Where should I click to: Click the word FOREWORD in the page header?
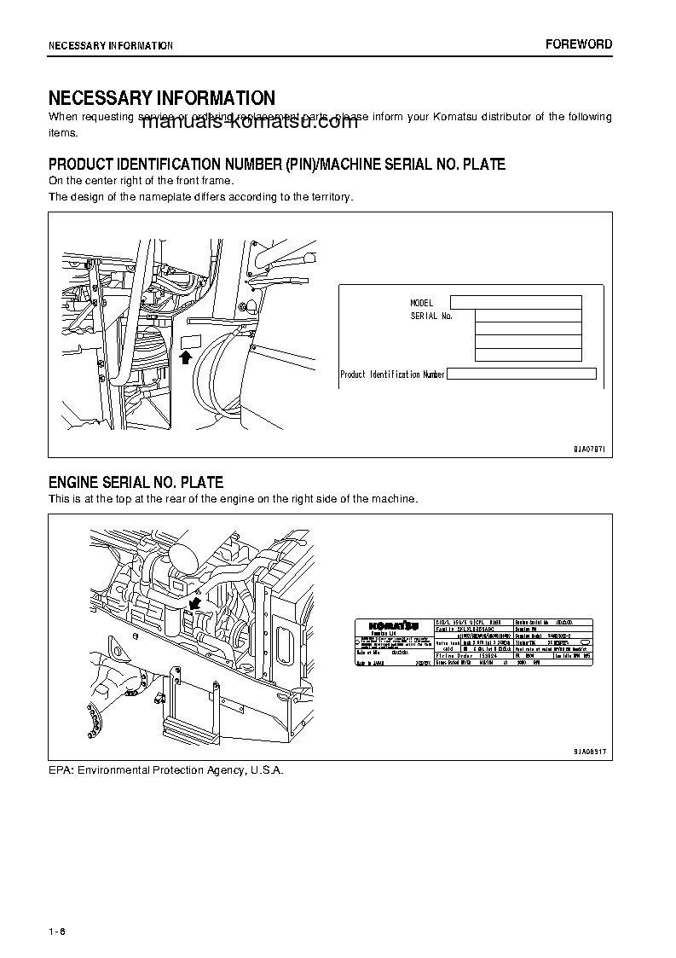point(579,44)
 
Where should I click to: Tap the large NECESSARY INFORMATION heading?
point(162,98)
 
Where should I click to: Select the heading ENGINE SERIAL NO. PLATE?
point(136,483)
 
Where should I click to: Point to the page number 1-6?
point(57,931)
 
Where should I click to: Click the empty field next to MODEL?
point(515,302)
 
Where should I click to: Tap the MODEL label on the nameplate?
point(422,303)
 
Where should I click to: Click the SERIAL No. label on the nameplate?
point(431,316)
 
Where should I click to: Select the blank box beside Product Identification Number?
point(521,374)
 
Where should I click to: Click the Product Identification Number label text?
point(392,374)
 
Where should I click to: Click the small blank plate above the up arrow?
point(189,341)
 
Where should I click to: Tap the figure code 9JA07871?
point(587,448)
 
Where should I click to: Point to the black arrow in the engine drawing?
point(195,603)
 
